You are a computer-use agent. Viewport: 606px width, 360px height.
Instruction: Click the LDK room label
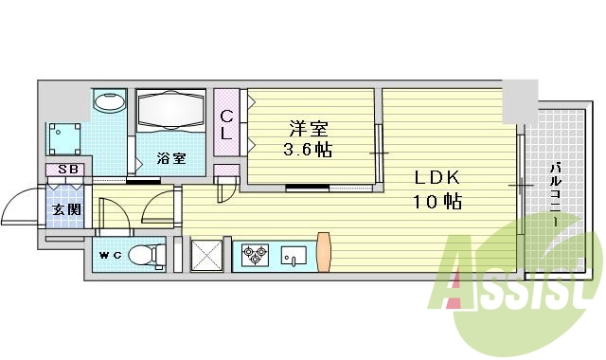coord(437,177)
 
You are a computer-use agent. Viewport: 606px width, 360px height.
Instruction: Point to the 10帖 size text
coord(437,202)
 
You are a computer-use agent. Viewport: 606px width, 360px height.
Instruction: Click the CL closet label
coord(226,125)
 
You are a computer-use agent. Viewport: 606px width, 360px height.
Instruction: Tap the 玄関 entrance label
coord(65,210)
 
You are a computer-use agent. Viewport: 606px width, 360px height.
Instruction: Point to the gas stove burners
coord(256,254)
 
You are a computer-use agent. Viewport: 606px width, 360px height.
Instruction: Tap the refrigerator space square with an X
coord(206,254)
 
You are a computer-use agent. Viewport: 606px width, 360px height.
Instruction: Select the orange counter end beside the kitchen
coord(324,250)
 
